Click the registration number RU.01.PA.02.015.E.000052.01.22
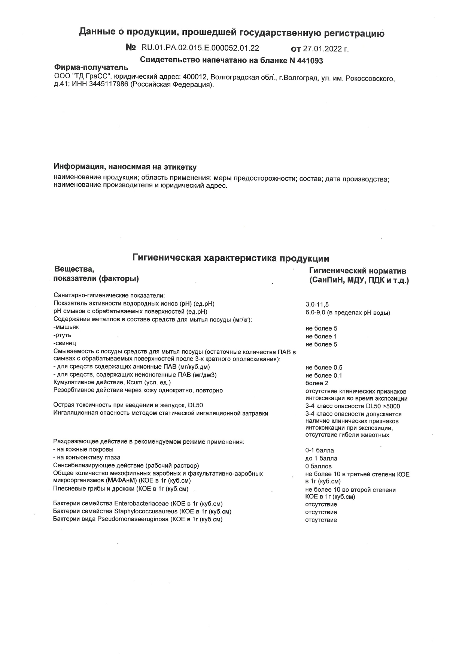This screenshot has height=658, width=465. pos(200,48)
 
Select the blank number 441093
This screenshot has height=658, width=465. pos(310,60)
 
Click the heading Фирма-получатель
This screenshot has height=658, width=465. pos(91,68)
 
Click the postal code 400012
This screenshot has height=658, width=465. pos(195,77)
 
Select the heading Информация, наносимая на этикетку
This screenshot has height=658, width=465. pos(125,166)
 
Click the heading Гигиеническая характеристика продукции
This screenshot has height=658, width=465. pos(231,258)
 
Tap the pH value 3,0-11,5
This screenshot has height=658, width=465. pos(317,305)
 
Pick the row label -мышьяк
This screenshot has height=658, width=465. pos(66,327)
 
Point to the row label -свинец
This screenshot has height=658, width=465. pos(65,343)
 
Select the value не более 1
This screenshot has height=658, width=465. pos(321,336)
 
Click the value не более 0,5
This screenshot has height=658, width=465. pos(324,368)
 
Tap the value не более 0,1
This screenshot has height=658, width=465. pos(324,375)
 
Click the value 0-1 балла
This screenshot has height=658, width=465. pos(319,450)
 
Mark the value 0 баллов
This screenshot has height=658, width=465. pos(319,467)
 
